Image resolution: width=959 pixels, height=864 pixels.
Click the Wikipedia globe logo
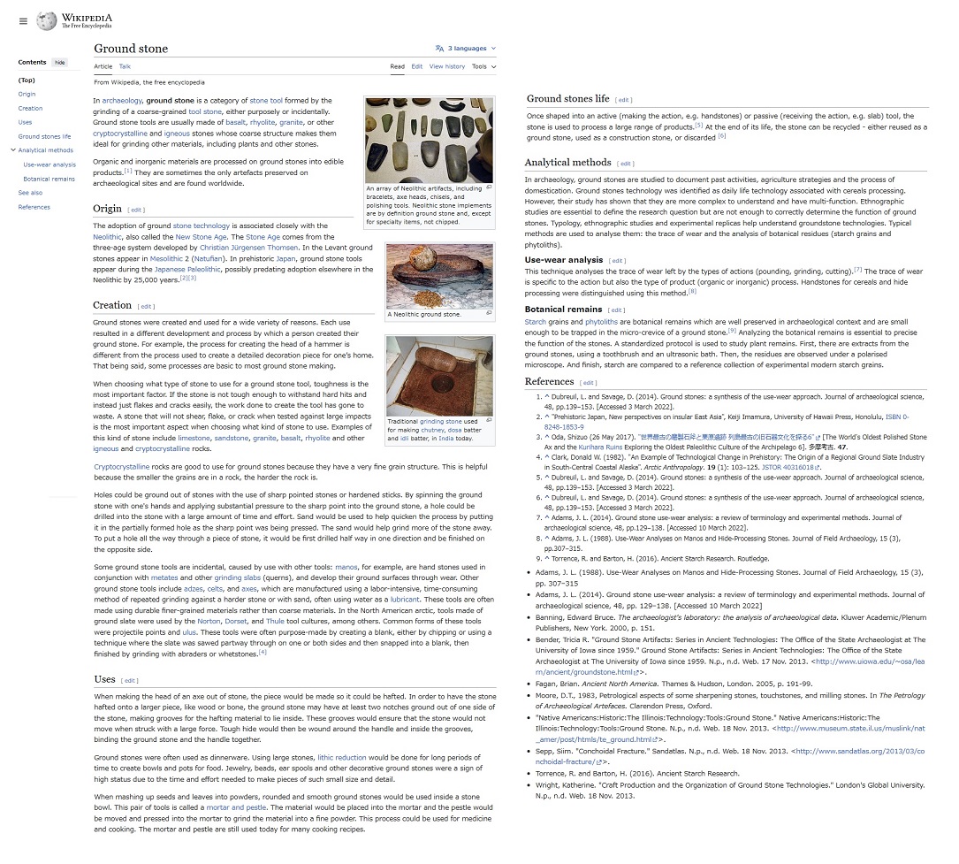pos(47,20)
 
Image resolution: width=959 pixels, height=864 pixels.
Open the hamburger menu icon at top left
pos(23,21)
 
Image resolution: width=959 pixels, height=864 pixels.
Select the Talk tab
pos(125,66)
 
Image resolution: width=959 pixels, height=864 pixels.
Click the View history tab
pos(446,66)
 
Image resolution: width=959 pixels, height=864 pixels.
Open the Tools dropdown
pos(483,66)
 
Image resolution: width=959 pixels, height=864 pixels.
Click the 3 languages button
pos(466,49)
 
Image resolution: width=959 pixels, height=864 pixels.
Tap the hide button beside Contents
pos(59,62)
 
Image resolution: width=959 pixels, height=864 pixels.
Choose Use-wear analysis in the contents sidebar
pos(49,164)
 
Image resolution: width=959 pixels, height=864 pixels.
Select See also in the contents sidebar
pos(30,193)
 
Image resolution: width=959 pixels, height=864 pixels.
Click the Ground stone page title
pos(131,49)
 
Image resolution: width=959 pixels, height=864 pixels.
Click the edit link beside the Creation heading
pos(145,306)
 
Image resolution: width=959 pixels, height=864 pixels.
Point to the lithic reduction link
pos(342,758)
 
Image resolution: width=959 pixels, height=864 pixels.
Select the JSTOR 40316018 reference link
pos(786,467)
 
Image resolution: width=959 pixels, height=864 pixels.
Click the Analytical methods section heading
pos(567,163)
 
